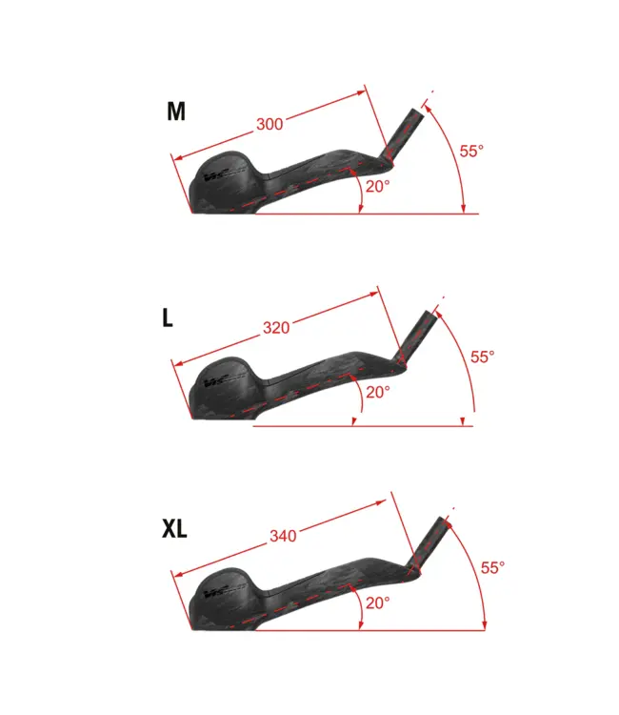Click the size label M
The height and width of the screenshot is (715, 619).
pyautogui.click(x=176, y=112)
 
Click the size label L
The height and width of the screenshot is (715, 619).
pyautogui.click(x=168, y=317)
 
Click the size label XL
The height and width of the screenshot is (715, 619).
pyautogui.click(x=174, y=529)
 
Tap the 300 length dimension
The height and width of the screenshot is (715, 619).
pyautogui.click(x=270, y=124)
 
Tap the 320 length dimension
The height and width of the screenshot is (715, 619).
pyautogui.click(x=276, y=327)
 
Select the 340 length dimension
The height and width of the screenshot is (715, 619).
pyautogui.click(x=283, y=536)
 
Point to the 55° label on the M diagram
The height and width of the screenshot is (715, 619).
pyautogui.click(x=471, y=151)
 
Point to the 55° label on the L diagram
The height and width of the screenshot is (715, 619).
pyautogui.click(x=483, y=357)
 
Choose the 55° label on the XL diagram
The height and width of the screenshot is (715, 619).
pyautogui.click(x=493, y=568)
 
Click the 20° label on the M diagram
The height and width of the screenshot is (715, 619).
pyautogui.click(x=378, y=186)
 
